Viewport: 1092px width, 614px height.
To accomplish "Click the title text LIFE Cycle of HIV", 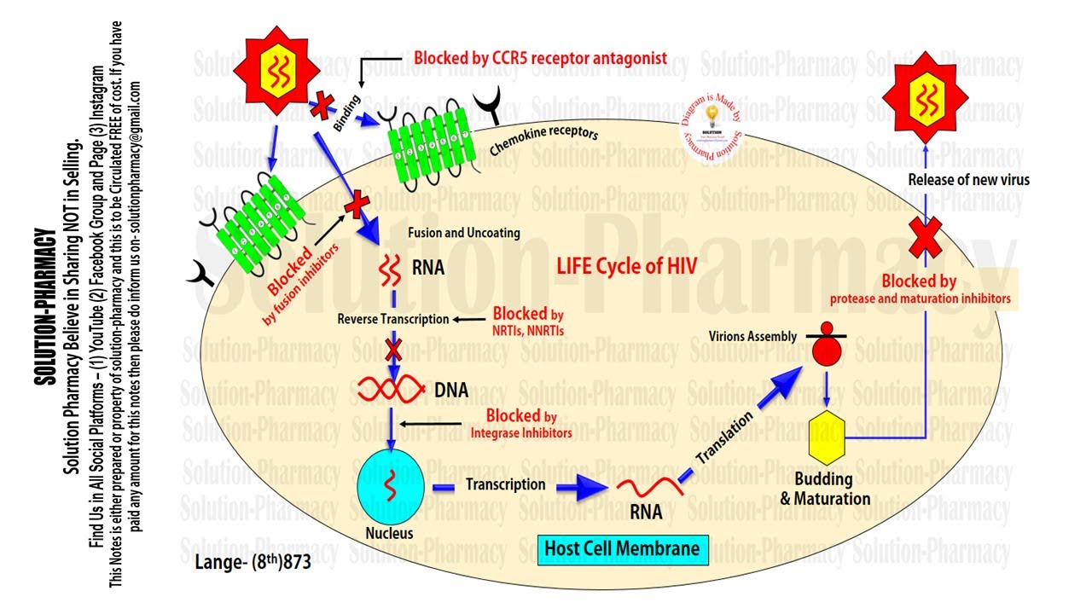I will click(x=627, y=265).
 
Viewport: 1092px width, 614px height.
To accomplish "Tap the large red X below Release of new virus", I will click(x=925, y=236).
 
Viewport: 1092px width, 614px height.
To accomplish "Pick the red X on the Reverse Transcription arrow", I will click(x=393, y=350).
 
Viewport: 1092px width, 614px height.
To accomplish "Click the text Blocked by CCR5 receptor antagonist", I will click(x=540, y=59).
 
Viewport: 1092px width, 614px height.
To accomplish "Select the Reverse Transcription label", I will click(x=392, y=319).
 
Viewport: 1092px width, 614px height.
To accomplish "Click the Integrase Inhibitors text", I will click(x=521, y=433).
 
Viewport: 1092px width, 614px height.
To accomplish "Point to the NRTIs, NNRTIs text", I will click(x=529, y=329).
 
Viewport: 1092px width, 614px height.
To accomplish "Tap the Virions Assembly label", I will click(x=752, y=336).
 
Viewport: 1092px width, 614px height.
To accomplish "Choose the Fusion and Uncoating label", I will click(x=463, y=233).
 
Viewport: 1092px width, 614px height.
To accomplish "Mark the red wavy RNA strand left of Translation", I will click(x=648, y=489).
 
